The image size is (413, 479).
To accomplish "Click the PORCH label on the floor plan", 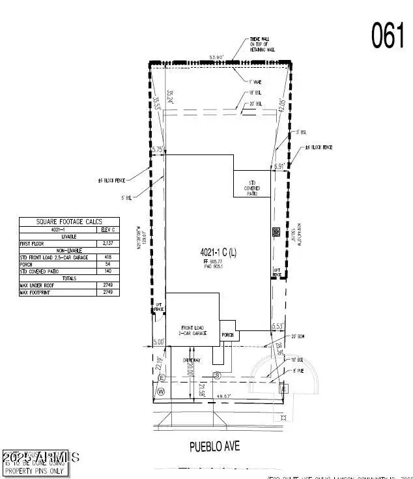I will tap(227, 335).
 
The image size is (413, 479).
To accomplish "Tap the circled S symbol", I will tap(218, 375).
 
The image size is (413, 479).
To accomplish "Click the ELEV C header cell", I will tap(107, 229).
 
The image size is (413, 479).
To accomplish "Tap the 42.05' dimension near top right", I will tap(281, 107).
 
